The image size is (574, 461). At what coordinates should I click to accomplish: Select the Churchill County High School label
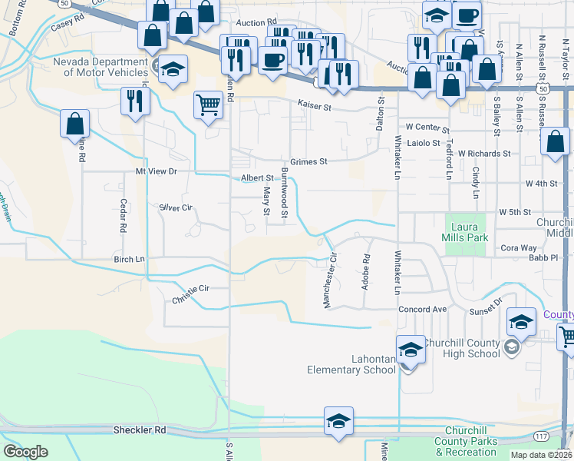click(460, 348)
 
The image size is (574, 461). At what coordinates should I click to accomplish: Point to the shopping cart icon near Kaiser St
click(208, 104)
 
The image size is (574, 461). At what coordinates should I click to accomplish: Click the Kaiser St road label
click(315, 108)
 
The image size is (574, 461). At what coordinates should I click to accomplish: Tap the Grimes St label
click(312, 161)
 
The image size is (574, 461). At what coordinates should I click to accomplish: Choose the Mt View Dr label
click(156, 171)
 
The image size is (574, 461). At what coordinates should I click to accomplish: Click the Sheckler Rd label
click(139, 430)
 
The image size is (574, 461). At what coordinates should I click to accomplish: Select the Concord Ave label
click(422, 309)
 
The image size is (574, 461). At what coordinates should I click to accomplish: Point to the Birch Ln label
click(129, 259)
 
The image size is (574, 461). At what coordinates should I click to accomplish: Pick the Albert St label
click(257, 177)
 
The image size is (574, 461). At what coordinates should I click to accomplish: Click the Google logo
click(25, 452)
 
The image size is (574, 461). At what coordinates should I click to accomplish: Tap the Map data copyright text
click(541, 455)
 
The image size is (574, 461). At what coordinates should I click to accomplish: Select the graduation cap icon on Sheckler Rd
click(338, 422)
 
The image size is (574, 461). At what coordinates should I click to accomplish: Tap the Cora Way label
click(518, 248)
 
